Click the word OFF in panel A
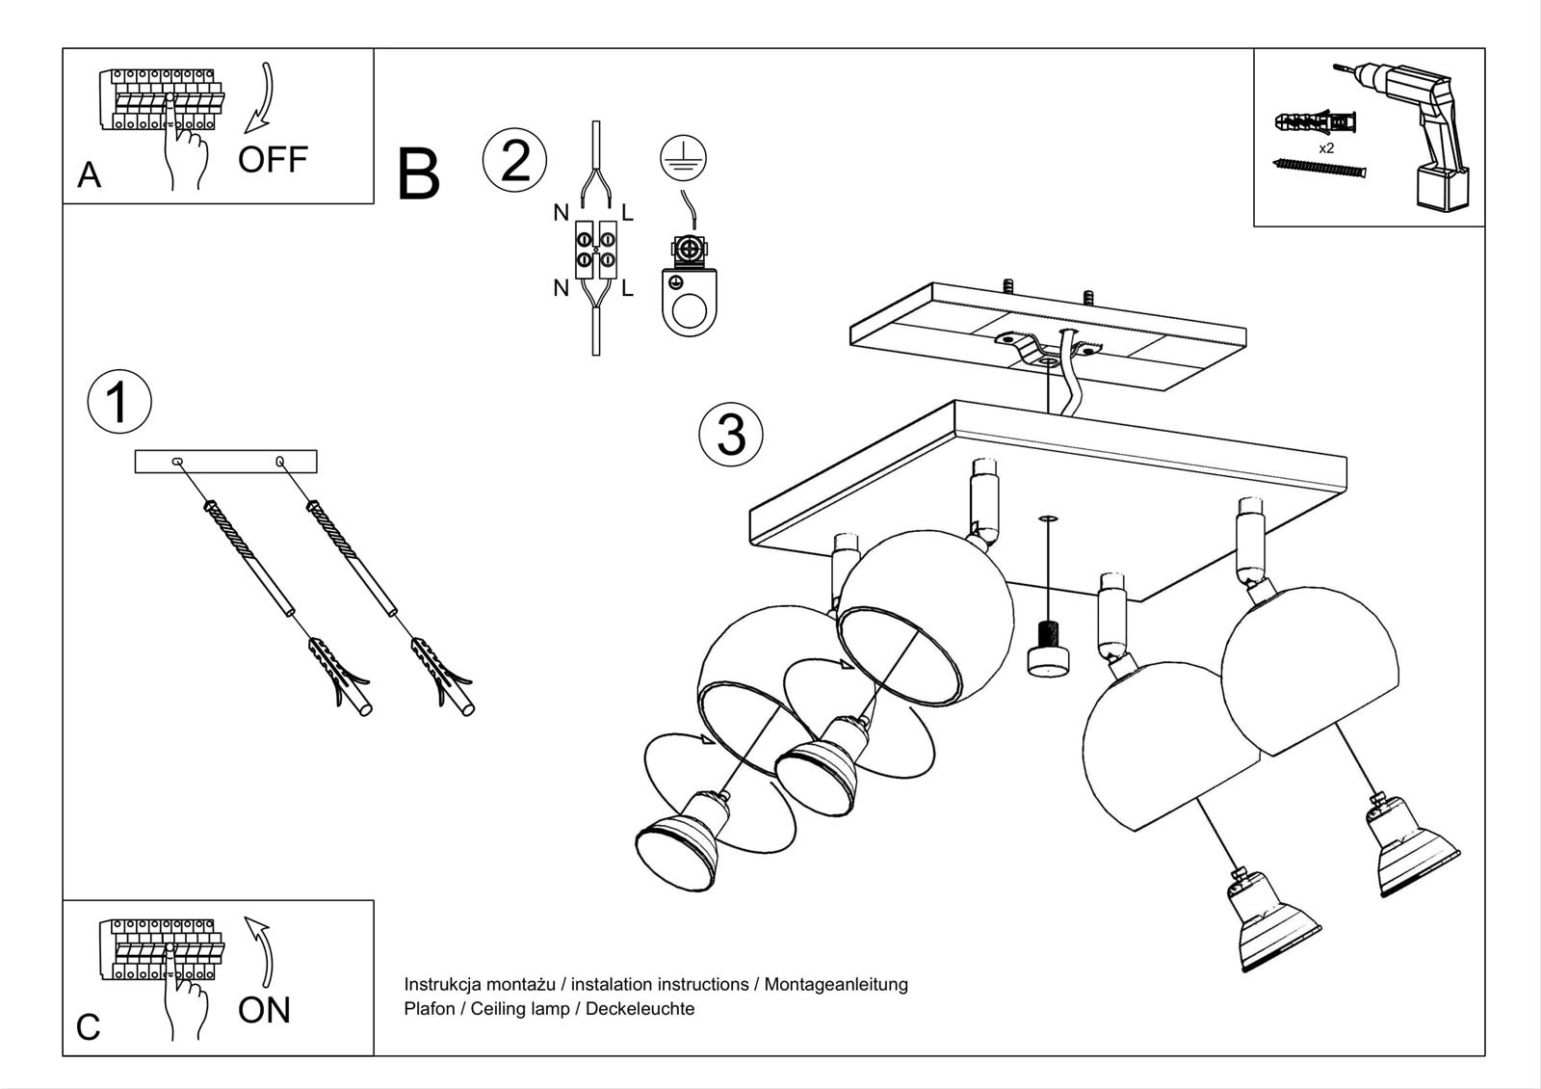click(x=273, y=159)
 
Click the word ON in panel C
click(x=264, y=1010)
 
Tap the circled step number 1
click(x=119, y=402)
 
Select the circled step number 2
click(x=515, y=159)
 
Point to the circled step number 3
click(x=731, y=434)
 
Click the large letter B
click(x=418, y=175)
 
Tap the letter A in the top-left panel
click(x=89, y=175)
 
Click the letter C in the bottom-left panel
click(x=88, y=1027)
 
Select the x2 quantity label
click(x=1326, y=148)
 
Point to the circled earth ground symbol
click(x=684, y=156)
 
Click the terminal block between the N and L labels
click(x=595, y=250)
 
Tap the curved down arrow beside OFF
click(x=261, y=97)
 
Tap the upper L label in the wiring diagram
click(x=627, y=213)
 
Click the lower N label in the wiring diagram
click(x=561, y=287)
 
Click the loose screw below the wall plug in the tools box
click(x=1319, y=170)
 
